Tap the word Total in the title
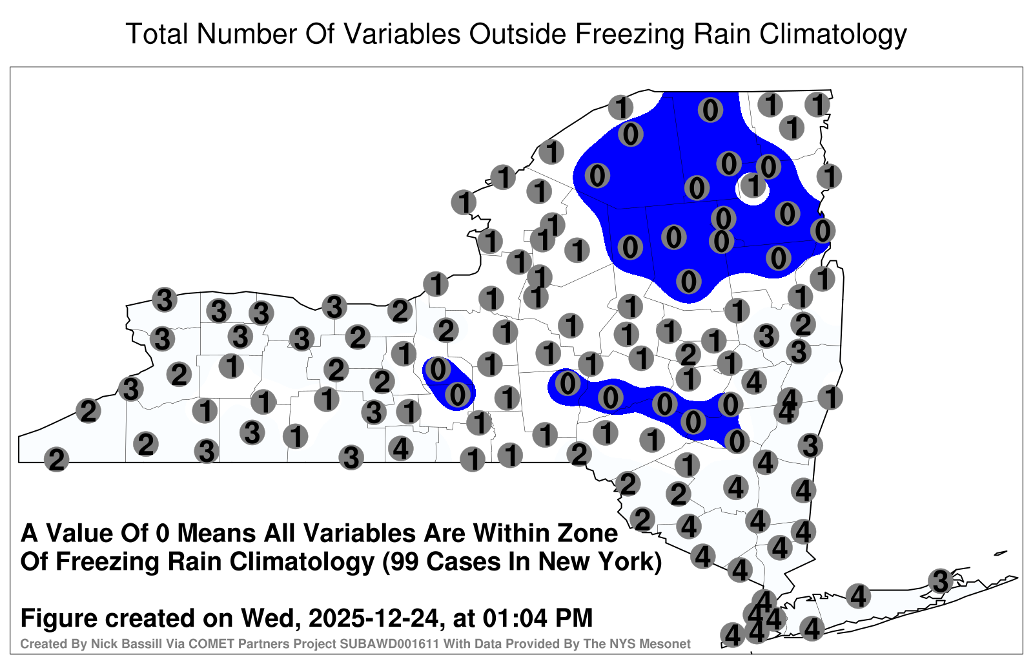tap(157, 34)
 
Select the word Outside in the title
tap(517, 34)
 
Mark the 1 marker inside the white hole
tap(753, 185)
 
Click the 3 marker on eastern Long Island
tap(940, 581)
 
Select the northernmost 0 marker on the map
tap(710, 110)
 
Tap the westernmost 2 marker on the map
tap(56, 459)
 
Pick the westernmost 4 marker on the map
tap(400, 448)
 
